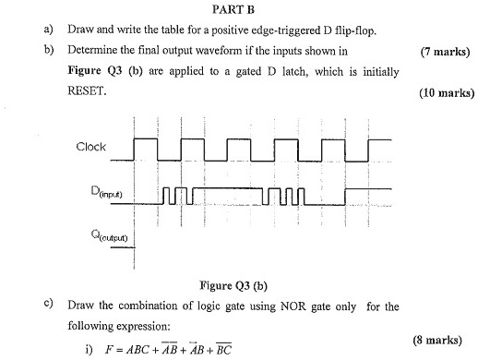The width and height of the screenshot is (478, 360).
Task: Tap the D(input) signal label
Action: [x=94, y=194]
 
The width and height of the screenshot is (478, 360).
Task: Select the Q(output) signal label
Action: [x=95, y=236]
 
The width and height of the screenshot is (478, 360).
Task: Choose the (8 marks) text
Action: [x=448, y=341]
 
